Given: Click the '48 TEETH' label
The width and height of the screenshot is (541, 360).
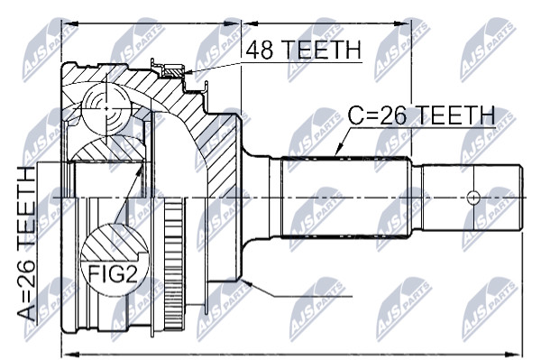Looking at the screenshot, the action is pos(304,50).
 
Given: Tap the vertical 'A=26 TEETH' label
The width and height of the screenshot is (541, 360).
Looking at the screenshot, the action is pos(26,244).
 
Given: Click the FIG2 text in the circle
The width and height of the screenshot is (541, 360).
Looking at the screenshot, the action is pos(113,274).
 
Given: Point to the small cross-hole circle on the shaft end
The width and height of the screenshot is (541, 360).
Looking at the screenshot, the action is pos(473,198).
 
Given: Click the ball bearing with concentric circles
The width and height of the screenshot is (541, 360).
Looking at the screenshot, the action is pos(106,108).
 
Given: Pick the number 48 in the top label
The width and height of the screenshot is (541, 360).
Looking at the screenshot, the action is pos(260,50).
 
